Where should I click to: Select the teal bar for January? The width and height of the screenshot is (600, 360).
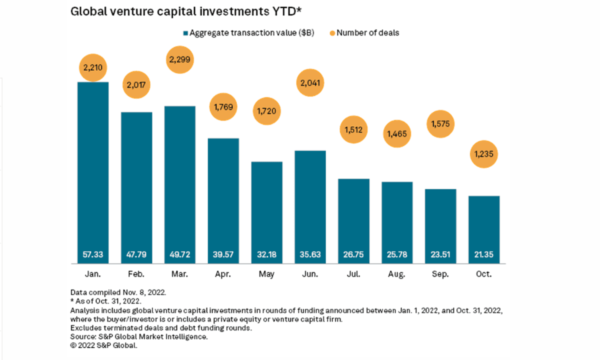(x=93, y=170)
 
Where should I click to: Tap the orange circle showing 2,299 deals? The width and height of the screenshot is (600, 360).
(x=180, y=59)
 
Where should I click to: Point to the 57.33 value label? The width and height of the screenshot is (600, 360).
(x=93, y=255)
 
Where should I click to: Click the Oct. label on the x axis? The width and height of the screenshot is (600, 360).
(x=484, y=274)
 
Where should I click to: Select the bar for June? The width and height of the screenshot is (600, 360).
(x=310, y=205)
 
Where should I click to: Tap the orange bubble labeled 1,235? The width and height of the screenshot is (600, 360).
(x=484, y=154)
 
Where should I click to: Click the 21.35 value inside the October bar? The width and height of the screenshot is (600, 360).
(x=484, y=255)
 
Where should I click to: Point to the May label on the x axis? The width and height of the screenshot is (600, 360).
(x=267, y=274)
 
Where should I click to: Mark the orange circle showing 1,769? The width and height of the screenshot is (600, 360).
(x=223, y=106)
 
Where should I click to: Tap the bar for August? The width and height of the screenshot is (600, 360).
(x=397, y=220)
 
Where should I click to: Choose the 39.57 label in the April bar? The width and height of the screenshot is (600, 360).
(x=223, y=255)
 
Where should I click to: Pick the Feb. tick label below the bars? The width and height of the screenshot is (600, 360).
(x=136, y=274)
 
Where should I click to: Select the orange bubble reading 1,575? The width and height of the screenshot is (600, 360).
(x=440, y=123)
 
